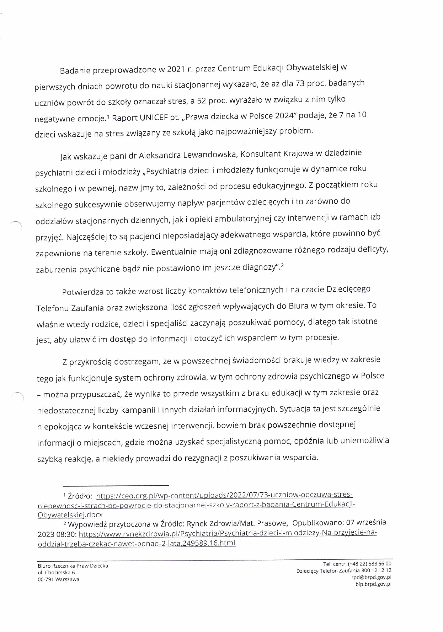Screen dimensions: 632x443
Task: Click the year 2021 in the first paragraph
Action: tap(176, 69)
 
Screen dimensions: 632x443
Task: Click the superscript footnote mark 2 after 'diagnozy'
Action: tap(282, 266)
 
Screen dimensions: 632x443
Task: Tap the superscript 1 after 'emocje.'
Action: tap(108, 117)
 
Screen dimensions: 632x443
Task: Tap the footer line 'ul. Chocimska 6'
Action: tap(56, 572)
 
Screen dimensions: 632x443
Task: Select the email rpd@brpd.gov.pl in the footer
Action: tap(371, 577)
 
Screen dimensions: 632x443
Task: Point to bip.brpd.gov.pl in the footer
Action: tap(373, 584)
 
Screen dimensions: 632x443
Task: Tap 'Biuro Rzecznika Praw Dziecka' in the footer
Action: tap(73, 565)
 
